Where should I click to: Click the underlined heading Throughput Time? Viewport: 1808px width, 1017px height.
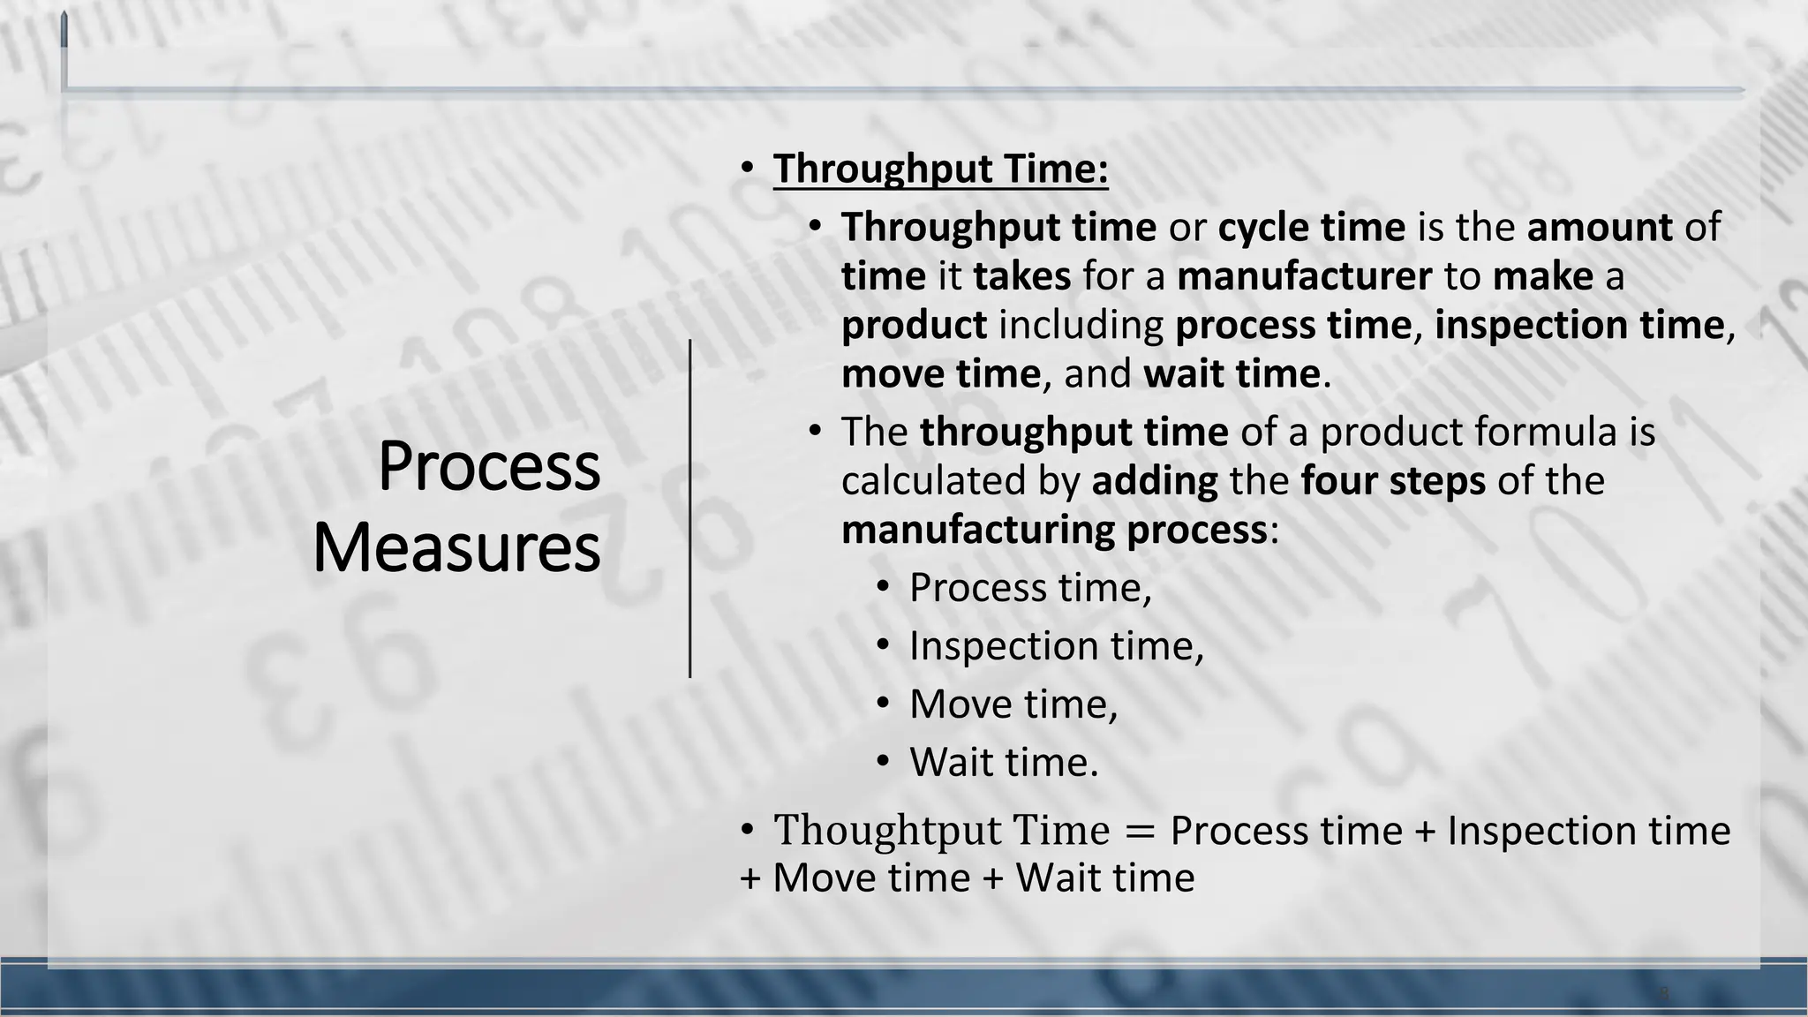(940, 169)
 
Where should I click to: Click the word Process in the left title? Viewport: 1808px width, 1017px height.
(489, 466)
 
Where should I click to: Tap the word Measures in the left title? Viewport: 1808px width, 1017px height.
(456, 548)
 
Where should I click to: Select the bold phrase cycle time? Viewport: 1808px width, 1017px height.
(1311, 228)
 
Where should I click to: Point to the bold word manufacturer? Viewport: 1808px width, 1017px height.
(1304, 276)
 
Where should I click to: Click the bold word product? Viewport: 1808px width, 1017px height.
(914, 325)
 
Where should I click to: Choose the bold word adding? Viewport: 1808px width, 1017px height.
(1155, 481)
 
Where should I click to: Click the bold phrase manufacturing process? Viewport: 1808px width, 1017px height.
(1054, 530)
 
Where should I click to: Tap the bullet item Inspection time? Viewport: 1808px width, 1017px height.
(1056, 646)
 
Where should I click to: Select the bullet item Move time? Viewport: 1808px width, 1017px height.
(1013, 704)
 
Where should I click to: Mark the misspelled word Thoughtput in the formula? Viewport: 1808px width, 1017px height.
(887, 831)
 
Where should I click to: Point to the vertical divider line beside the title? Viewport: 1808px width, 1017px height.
(689, 508)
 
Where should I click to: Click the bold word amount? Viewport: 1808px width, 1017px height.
(1599, 228)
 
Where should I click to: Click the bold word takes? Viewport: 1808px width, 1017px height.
(1021, 276)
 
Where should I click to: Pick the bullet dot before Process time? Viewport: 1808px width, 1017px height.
(883, 588)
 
